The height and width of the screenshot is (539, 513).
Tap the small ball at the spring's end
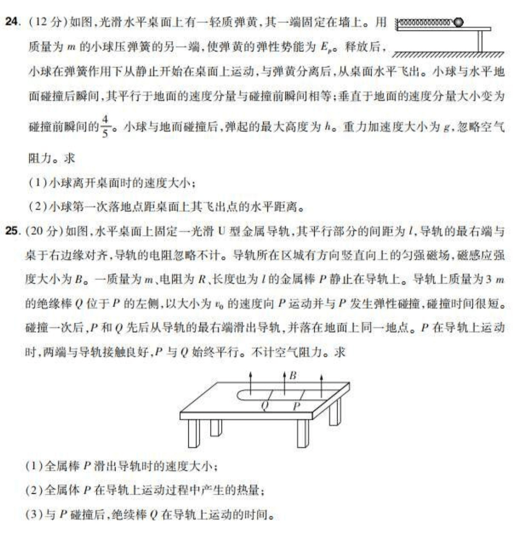[458, 22]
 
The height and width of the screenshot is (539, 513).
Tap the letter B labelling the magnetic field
[293, 375]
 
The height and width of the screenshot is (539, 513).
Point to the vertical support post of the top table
[480, 41]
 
